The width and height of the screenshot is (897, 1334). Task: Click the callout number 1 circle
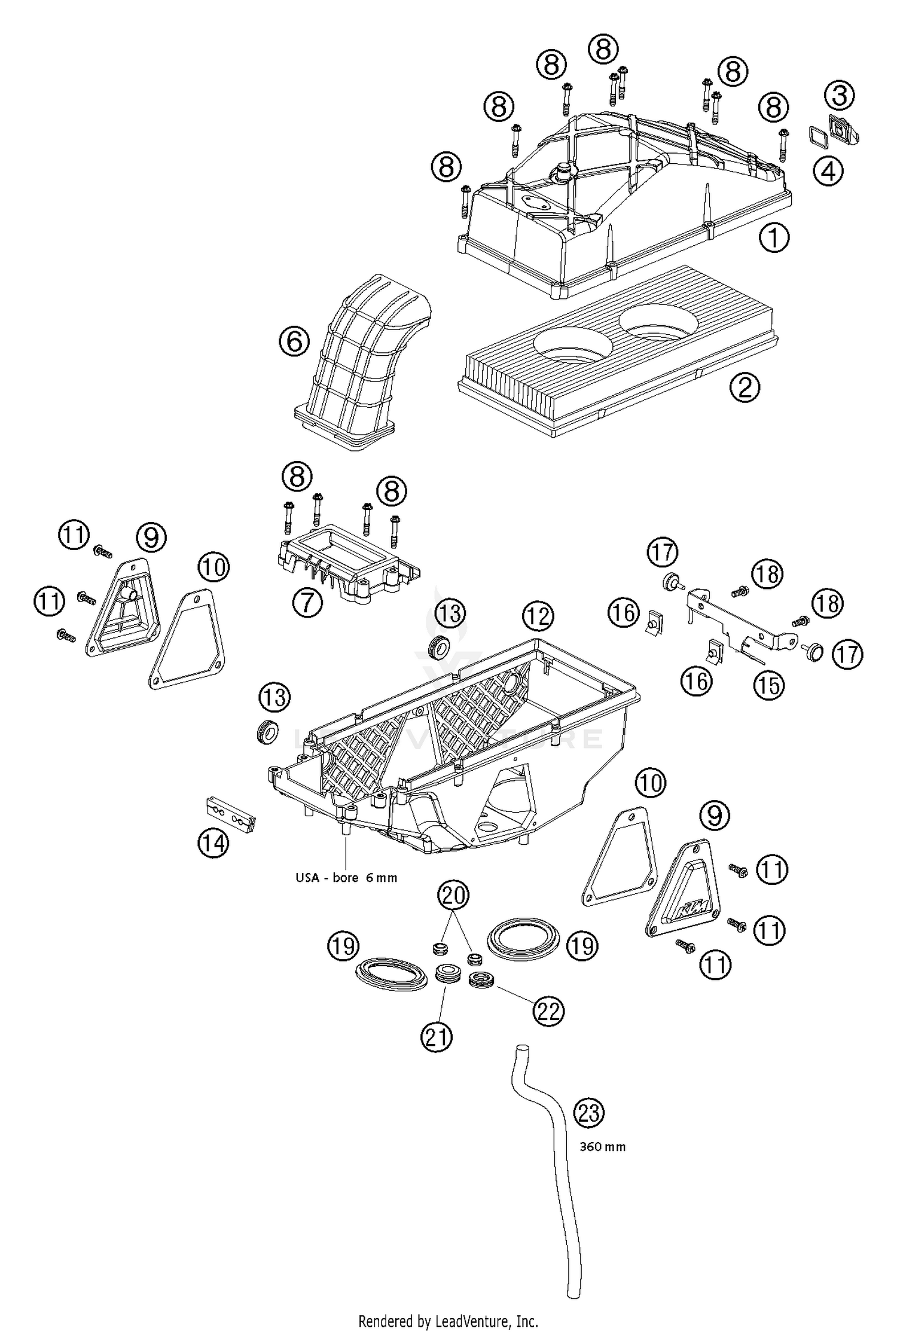coord(774,238)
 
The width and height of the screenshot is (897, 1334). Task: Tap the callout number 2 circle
coord(745,387)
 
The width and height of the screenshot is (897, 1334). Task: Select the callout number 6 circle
coord(294,342)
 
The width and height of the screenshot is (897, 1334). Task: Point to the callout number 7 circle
coord(307,602)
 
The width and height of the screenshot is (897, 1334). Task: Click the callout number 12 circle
coord(538,615)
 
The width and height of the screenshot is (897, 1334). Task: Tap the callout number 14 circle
coord(213,844)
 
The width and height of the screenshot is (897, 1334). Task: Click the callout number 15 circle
coord(768,685)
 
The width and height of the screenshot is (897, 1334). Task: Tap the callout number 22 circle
coord(549,1011)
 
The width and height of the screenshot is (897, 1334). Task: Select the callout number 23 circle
coord(589,1113)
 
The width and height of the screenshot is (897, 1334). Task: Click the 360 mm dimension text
coord(602,1147)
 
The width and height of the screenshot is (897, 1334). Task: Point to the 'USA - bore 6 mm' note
coord(346,878)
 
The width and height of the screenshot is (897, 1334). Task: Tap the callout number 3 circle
coord(840,95)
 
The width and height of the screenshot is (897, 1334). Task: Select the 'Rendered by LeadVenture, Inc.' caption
coord(448,1321)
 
